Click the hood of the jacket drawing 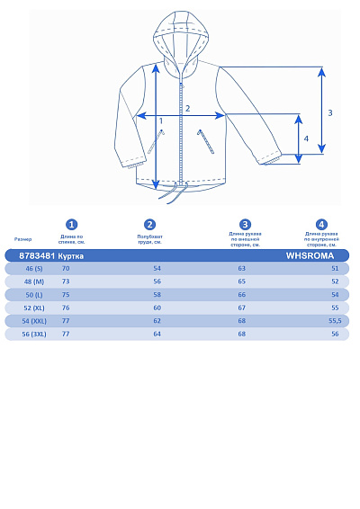[181, 36]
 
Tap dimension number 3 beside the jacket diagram [330, 112]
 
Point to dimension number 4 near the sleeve [307, 138]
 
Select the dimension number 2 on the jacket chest [187, 109]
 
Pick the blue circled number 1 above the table [72, 225]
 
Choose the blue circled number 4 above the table [321, 225]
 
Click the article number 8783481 [37, 255]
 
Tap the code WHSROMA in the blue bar [310, 255]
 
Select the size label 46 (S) [34, 269]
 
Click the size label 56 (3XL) [34, 334]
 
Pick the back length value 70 [66, 269]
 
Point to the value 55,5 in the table [335, 321]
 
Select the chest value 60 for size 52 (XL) [157, 308]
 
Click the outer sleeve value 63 [241, 269]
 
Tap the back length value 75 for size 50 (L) [66, 295]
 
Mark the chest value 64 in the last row [157, 334]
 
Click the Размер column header [23, 239]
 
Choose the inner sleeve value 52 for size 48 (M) [335, 281]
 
